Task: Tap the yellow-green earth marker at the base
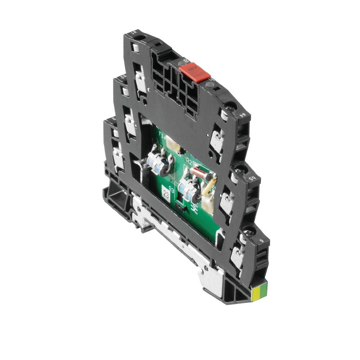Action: [260, 294]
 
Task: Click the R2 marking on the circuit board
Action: [189, 162]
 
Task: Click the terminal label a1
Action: [133, 33]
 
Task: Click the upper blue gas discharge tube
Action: [158, 165]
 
